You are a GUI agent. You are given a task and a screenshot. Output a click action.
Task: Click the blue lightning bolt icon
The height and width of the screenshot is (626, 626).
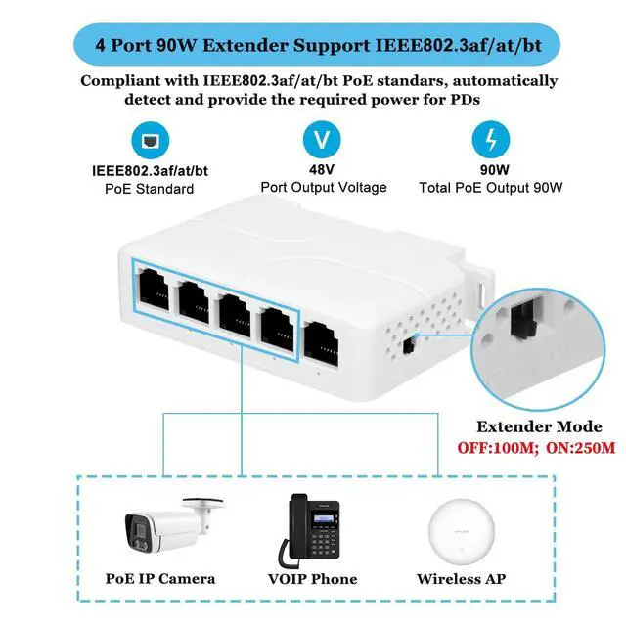488,139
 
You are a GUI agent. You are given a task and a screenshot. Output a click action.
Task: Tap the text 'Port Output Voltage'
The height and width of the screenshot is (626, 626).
323,188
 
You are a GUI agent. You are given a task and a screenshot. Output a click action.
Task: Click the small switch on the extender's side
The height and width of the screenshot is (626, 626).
408,344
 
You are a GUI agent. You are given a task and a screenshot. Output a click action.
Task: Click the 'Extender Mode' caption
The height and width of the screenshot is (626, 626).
538,427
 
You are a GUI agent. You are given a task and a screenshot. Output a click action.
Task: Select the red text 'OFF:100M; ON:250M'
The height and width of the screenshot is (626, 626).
538,449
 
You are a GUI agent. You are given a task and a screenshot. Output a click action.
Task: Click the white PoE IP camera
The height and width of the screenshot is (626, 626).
166,529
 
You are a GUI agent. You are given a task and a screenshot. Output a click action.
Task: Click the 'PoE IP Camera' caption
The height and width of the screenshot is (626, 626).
160,579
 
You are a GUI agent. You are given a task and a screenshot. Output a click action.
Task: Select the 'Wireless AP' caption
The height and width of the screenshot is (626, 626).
463,579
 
